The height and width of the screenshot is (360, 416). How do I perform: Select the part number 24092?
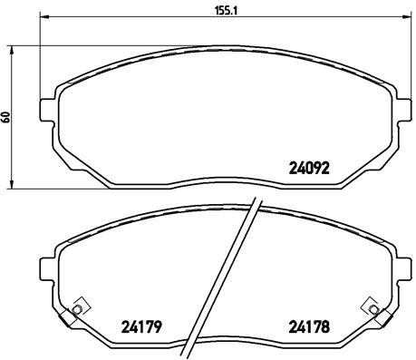pos(308,166)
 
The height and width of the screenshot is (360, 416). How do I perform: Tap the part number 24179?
pos(140,327)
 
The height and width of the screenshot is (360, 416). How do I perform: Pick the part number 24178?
pos(307,327)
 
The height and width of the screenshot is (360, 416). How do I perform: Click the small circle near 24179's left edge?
pos(76,310)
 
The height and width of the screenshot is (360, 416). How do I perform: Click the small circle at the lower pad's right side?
pos(370,309)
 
